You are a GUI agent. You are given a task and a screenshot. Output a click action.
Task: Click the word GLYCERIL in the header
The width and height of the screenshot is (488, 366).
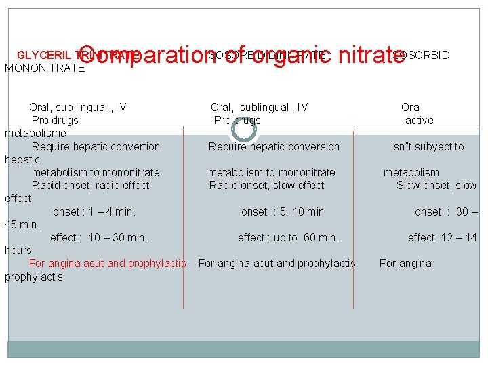click(x=40, y=55)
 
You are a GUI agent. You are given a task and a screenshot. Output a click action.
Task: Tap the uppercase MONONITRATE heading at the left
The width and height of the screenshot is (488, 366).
click(x=45, y=68)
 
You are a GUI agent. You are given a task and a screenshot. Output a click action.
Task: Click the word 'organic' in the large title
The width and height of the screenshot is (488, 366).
click(x=287, y=55)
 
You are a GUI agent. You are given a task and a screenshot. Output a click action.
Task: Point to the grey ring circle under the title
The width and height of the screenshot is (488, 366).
click(x=243, y=128)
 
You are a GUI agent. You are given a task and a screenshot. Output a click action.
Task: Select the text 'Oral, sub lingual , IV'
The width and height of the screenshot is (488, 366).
click(x=78, y=107)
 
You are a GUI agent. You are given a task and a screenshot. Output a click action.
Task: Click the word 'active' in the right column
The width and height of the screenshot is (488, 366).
click(x=419, y=120)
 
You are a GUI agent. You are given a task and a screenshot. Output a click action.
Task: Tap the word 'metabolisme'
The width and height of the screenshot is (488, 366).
click(x=35, y=133)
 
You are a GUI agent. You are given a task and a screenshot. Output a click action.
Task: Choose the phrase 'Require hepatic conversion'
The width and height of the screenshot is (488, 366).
click(x=274, y=146)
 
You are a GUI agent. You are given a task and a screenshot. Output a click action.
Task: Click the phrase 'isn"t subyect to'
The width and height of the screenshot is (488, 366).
click(x=427, y=146)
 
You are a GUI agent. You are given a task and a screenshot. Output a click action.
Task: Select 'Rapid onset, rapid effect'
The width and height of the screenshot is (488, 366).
click(x=90, y=185)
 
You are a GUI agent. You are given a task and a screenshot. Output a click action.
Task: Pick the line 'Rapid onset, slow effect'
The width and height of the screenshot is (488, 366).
click(x=266, y=185)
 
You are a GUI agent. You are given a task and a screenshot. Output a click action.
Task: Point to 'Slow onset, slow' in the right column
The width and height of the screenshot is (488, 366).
click(x=436, y=185)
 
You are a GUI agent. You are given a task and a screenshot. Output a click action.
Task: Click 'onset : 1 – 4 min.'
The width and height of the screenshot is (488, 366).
click(x=94, y=211)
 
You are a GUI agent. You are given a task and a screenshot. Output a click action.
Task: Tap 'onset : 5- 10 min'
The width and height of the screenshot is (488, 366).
click(x=282, y=211)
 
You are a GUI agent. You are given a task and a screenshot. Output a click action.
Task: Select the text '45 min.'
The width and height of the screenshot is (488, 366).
click(x=22, y=224)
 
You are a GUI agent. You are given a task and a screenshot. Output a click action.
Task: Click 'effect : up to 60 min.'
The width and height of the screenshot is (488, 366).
click(x=288, y=237)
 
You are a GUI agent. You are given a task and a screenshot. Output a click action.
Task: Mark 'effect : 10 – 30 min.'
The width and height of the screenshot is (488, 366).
click(x=99, y=237)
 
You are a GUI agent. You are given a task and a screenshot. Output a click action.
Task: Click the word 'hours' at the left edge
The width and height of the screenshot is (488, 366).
click(x=18, y=250)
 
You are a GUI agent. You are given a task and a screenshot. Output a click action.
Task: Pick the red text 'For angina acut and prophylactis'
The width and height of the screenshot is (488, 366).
click(x=107, y=263)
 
